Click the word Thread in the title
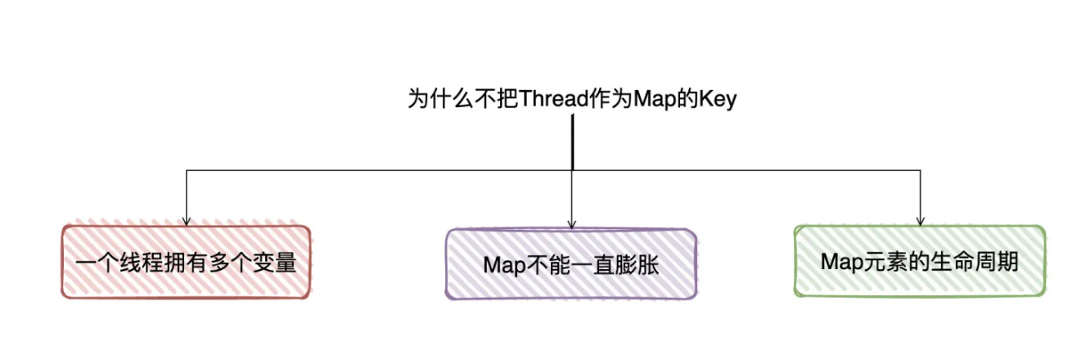point(554,99)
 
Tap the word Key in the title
point(718,100)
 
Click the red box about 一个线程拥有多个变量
point(186,262)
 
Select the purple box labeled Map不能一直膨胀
point(571,264)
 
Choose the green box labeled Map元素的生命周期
point(920,261)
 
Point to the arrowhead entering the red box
point(187,221)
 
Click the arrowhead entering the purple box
point(572,224)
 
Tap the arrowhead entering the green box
point(920,221)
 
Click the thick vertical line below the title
point(573,142)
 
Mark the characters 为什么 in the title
point(440,99)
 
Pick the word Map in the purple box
point(504,265)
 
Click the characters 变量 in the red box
point(274,263)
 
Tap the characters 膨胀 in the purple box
point(637,265)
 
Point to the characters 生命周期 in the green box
point(975,262)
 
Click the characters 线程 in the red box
point(142,263)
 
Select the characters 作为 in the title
point(611,99)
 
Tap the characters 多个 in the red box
point(230,263)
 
